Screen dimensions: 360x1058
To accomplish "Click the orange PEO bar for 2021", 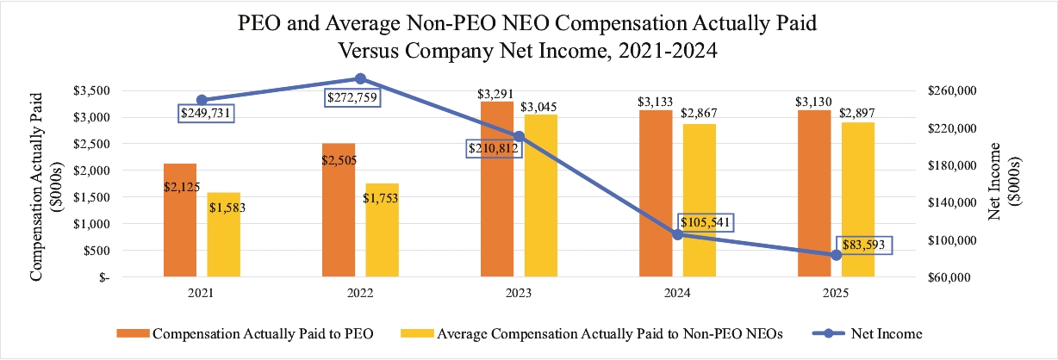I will tap(181, 220).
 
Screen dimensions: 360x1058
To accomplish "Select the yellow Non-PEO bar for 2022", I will tap(382, 230).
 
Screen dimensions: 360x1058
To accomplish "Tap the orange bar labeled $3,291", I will tap(497, 189).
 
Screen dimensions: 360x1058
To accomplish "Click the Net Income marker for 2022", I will tap(360, 78).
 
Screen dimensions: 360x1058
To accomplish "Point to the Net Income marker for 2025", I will tap(836, 255).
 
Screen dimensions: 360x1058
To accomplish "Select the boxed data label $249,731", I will tap(208, 113).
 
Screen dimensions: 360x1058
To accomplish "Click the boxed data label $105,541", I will tap(706, 223).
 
